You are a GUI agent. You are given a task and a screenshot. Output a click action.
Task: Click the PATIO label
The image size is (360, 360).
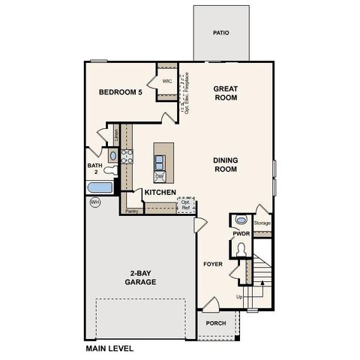point(220,33)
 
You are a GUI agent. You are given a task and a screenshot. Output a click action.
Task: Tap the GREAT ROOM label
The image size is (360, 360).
point(225,92)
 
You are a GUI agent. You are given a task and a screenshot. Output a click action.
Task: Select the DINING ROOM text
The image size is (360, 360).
point(225,164)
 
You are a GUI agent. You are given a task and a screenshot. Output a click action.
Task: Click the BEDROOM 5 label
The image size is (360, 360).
point(120,92)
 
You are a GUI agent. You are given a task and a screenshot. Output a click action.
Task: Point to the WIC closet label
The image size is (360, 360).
point(166,81)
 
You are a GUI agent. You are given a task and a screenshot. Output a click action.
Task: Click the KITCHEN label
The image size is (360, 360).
point(160,193)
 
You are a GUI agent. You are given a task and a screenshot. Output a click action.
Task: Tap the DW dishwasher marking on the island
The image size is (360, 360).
point(160,177)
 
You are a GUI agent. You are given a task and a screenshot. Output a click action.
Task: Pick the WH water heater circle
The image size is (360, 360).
point(94,202)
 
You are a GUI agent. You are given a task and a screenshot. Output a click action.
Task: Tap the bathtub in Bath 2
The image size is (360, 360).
point(100,187)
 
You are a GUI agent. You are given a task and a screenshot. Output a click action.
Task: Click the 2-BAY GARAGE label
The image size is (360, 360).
point(140,277)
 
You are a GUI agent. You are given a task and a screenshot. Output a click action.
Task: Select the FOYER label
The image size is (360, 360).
point(213,264)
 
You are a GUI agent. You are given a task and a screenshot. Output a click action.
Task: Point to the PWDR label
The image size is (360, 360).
point(241,234)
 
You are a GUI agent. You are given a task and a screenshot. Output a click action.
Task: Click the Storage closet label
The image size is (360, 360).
point(262,223)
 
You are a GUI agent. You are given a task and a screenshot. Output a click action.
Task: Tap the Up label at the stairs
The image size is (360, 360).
point(239,297)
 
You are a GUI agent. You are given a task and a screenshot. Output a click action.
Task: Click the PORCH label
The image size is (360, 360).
point(216,324)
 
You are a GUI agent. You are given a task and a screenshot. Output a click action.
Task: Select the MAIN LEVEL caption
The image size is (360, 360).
point(109,349)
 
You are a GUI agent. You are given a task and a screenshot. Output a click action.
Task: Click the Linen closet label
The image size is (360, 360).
point(116,134)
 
